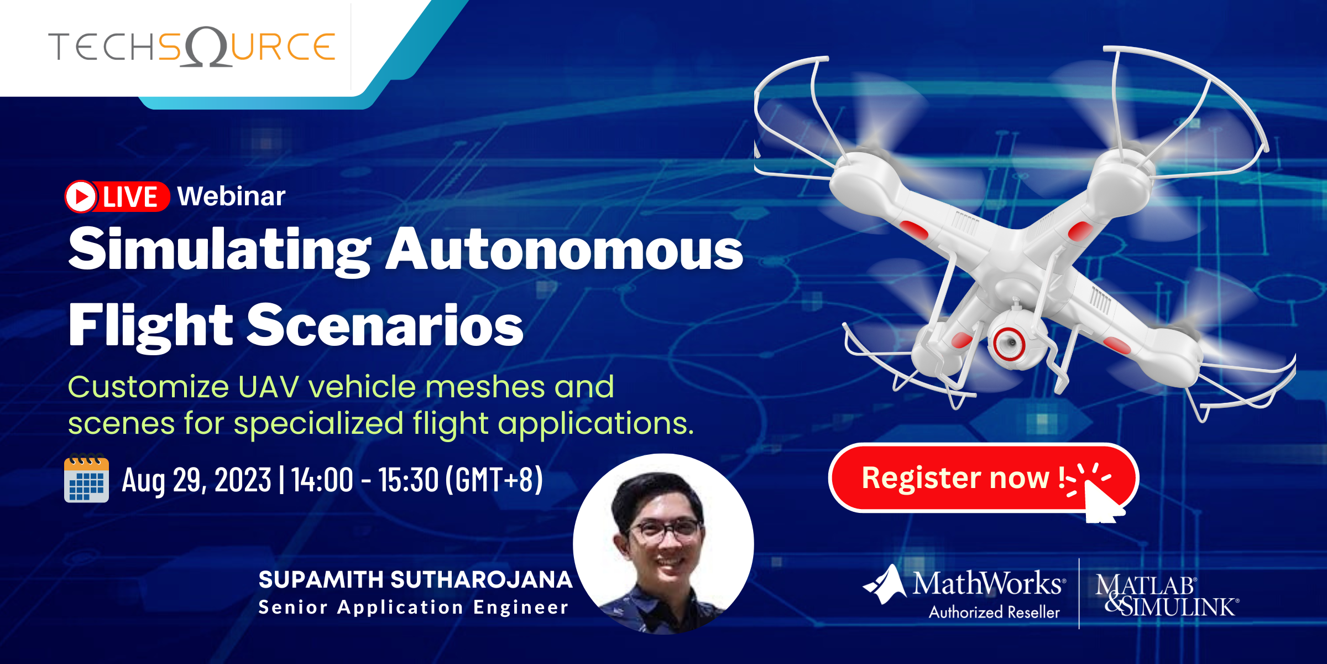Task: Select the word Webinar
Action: coord(231,196)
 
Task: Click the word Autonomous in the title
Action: coord(564,250)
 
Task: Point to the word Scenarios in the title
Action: coord(385,326)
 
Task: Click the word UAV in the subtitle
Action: coord(268,387)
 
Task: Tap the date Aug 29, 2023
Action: coord(196,480)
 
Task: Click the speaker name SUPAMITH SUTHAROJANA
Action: coord(415,580)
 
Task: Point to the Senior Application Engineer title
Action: coord(414,608)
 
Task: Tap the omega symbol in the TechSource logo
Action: coord(205,47)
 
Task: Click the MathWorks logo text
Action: coord(987,584)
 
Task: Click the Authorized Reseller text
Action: coord(994,613)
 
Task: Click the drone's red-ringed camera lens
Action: coord(1009,343)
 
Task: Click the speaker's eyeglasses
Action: coord(663,530)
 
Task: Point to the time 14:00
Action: coord(322,480)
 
